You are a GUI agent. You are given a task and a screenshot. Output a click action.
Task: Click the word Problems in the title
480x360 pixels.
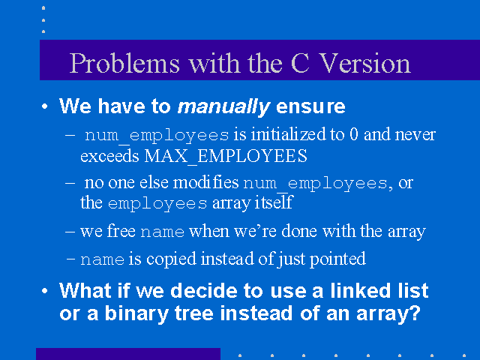[x=124, y=63]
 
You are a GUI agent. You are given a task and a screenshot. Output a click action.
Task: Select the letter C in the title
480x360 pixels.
[x=300, y=63]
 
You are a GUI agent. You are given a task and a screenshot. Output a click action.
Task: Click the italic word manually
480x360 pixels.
[x=223, y=107]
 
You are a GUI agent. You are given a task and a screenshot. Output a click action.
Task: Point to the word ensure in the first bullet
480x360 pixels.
[x=310, y=106]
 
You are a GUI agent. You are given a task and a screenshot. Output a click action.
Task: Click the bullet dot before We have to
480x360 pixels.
[x=45, y=106]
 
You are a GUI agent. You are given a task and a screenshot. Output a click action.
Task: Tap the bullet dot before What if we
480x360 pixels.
[x=45, y=290]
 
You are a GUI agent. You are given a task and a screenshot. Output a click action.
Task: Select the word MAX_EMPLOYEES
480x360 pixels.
[x=226, y=156]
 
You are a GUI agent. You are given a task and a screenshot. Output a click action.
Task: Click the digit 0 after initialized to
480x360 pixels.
[x=353, y=135]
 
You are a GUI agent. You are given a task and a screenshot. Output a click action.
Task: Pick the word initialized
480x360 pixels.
[x=288, y=135]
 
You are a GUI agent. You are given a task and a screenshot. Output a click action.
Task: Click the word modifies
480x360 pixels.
[x=205, y=183]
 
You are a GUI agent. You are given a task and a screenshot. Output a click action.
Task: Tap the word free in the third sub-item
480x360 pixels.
[x=121, y=230]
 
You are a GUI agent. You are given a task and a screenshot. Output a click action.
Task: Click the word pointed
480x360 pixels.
[x=337, y=259]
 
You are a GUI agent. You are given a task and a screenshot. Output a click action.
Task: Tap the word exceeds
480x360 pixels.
[x=109, y=156]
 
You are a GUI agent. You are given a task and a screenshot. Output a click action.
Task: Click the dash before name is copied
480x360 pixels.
[x=70, y=259]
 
